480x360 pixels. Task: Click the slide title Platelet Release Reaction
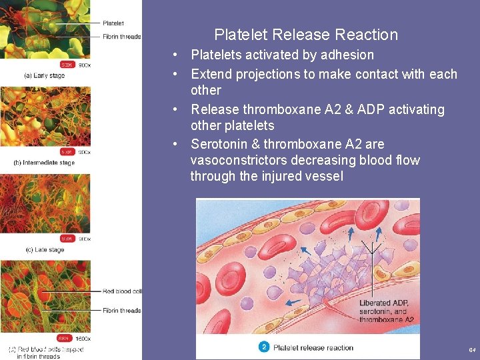[306, 35]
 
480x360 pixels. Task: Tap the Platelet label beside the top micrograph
[113, 23]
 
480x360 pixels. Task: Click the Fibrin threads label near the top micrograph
[122, 36]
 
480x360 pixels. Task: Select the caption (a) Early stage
[45, 75]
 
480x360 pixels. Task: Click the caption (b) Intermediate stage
[44, 163]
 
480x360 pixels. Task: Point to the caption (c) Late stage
[44, 250]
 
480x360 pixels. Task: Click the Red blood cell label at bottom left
[122, 291]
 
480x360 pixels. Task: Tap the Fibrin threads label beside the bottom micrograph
[122, 310]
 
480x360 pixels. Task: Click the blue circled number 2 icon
[264, 347]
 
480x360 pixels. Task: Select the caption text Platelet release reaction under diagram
[313, 347]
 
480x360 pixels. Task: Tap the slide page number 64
[472, 350]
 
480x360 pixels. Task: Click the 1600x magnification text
[83, 338]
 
